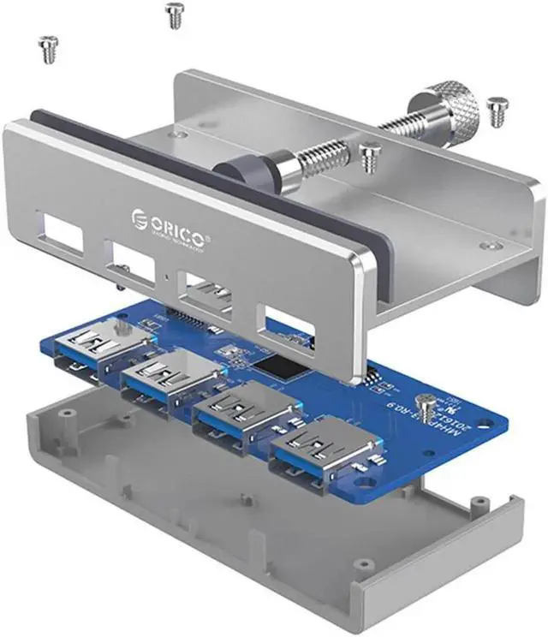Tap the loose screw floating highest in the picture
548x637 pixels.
tap(175, 14)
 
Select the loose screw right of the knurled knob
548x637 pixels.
tap(497, 111)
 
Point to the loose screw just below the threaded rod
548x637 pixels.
tap(369, 157)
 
